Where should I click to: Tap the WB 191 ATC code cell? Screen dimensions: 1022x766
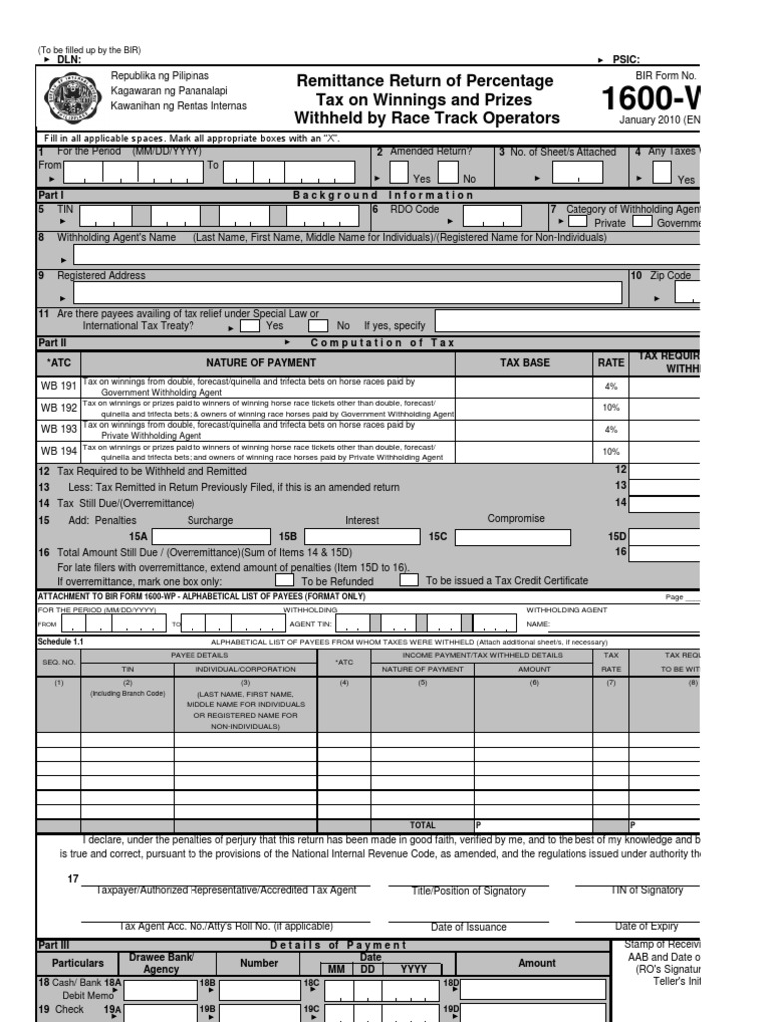(x=59, y=386)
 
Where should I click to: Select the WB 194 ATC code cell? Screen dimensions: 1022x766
(x=59, y=451)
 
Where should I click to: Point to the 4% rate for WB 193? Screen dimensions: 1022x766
(x=610, y=429)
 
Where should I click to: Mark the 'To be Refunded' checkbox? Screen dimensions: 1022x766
(x=284, y=580)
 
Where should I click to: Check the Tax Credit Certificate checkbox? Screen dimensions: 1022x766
(x=409, y=580)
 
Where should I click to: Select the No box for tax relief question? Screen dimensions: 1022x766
(x=318, y=325)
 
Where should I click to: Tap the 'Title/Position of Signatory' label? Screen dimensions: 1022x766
(x=468, y=890)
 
